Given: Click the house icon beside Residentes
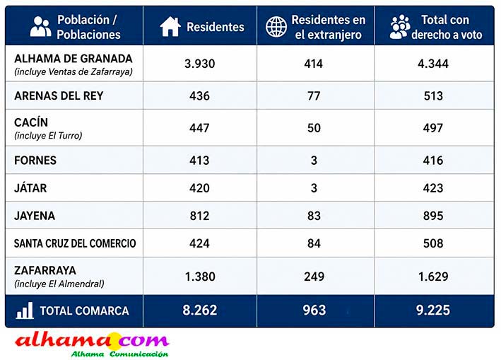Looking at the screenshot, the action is tap(170, 27).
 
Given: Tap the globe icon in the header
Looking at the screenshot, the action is tap(276, 27).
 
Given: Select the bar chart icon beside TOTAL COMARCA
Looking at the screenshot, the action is tap(25, 310).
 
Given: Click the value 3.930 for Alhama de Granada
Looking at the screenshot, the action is tap(199, 64).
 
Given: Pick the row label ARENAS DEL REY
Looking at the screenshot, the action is tap(59, 95).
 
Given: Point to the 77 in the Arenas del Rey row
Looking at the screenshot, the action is tap(314, 96).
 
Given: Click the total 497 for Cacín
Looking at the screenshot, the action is tap(433, 128).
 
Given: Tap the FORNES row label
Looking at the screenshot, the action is tap(35, 160).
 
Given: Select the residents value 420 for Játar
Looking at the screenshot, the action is tap(199, 188).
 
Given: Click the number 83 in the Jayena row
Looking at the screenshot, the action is tap(314, 216).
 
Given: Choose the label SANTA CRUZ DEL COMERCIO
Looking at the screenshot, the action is tap(75, 243).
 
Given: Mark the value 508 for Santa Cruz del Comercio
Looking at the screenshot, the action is tap(433, 243).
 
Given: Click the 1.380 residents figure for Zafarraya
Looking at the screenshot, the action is tap(200, 277).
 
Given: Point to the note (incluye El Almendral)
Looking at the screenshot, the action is tap(59, 284).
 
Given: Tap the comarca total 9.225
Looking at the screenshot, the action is tap(433, 310).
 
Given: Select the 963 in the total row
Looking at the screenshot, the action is tap(314, 310).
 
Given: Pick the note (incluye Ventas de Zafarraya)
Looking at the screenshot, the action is tap(73, 71).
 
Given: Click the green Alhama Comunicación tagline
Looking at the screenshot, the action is tap(119, 354).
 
